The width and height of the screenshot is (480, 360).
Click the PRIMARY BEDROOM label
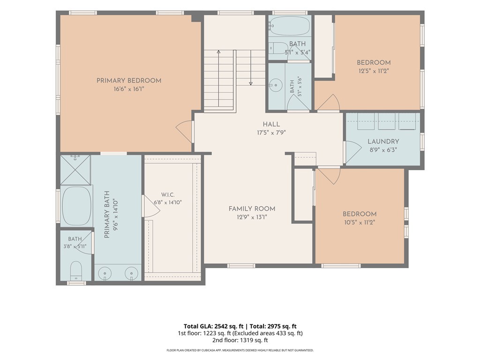coord(129,81)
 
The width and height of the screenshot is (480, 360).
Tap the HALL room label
coord(271,124)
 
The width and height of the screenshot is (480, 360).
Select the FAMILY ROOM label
coord(252,209)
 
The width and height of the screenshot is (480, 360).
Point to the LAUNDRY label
coord(383,142)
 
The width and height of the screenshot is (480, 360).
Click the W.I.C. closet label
coord(168,195)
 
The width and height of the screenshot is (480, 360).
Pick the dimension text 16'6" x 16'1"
coord(128,89)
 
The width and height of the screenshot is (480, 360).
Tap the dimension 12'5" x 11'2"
coord(374,71)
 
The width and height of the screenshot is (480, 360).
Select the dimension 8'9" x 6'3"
coord(383,150)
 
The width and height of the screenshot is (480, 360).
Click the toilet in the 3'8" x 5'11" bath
coord(76,270)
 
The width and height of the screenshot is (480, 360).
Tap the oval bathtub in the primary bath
coord(77,206)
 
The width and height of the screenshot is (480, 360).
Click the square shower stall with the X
coord(75,170)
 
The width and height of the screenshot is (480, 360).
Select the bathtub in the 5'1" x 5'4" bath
coord(289,26)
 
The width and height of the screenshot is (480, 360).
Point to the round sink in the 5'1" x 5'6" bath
coord(276,85)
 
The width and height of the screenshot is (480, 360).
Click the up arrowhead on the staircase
coord(218,52)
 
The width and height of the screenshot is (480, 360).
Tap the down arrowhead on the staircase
coord(251,83)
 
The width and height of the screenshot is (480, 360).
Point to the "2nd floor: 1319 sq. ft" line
coord(240,340)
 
